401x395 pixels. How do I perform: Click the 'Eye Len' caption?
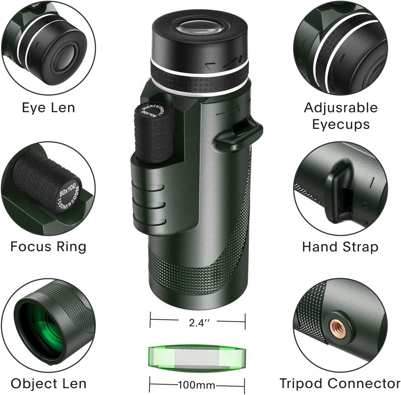(x=48, y=108)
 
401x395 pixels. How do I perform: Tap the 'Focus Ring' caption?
(x=48, y=247)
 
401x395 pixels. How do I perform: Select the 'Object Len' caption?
(x=48, y=383)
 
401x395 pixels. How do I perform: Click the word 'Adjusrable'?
(x=341, y=108)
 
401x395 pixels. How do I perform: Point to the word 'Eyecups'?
(x=341, y=124)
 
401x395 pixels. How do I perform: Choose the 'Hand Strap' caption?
(x=340, y=247)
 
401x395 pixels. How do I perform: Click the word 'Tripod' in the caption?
(x=301, y=383)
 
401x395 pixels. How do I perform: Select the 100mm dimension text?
(x=197, y=385)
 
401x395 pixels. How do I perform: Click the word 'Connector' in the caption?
(x=364, y=383)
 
